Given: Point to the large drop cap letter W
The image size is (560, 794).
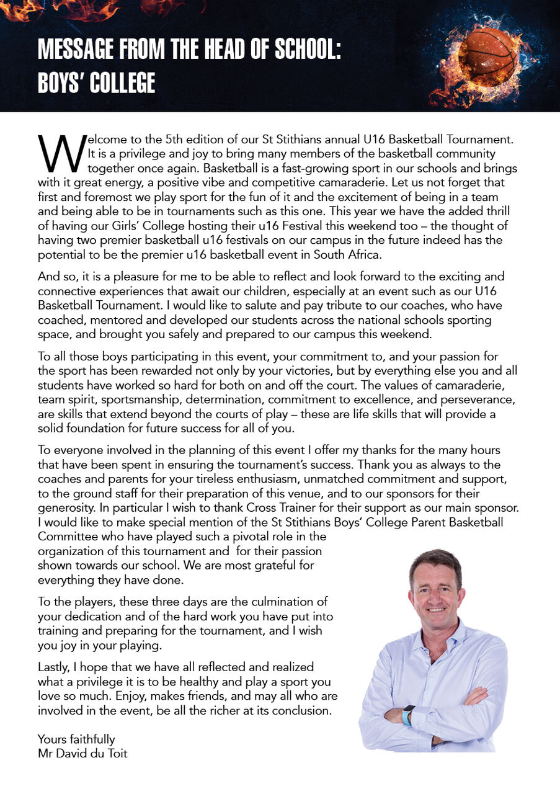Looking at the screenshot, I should (61, 153).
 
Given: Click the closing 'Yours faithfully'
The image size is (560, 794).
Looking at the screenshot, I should (76, 739).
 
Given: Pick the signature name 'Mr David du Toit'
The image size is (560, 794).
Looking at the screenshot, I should (82, 754).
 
